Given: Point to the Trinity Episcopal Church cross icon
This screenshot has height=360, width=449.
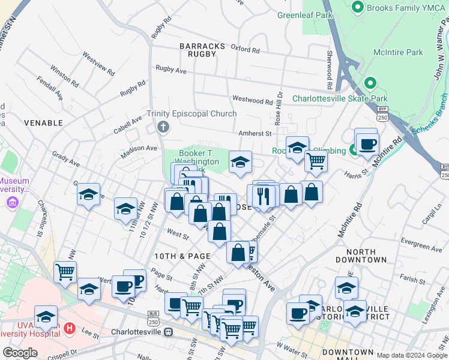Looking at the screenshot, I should [162, 127].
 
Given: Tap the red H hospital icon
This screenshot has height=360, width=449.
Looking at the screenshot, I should [70, 328].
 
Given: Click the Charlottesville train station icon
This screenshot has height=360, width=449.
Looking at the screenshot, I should [169, 332].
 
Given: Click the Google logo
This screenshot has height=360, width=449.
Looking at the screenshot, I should [20, 353].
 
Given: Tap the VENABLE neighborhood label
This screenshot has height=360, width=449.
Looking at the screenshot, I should [43, 122].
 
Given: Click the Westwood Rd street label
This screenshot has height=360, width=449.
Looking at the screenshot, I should [252, 101].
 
